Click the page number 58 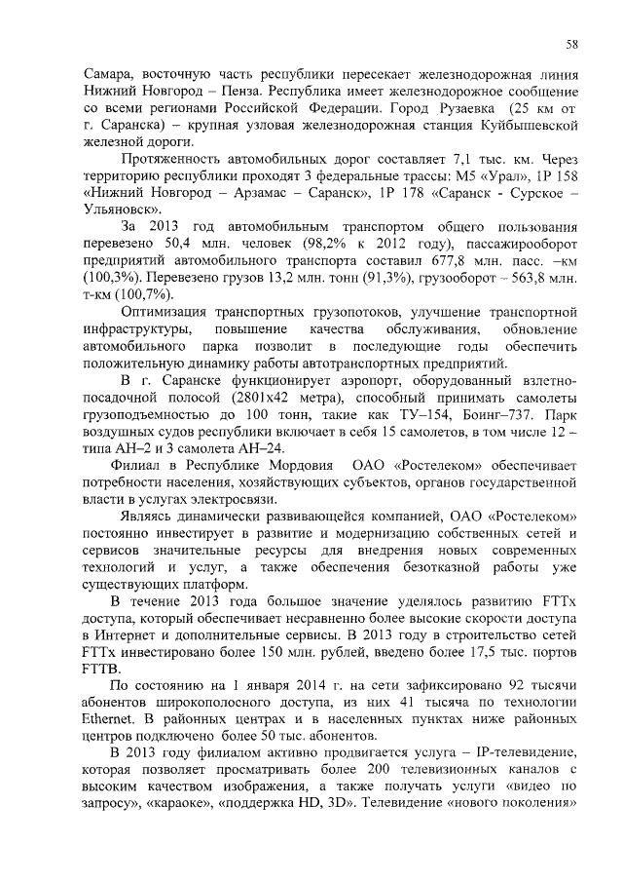(x=573, y=44)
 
